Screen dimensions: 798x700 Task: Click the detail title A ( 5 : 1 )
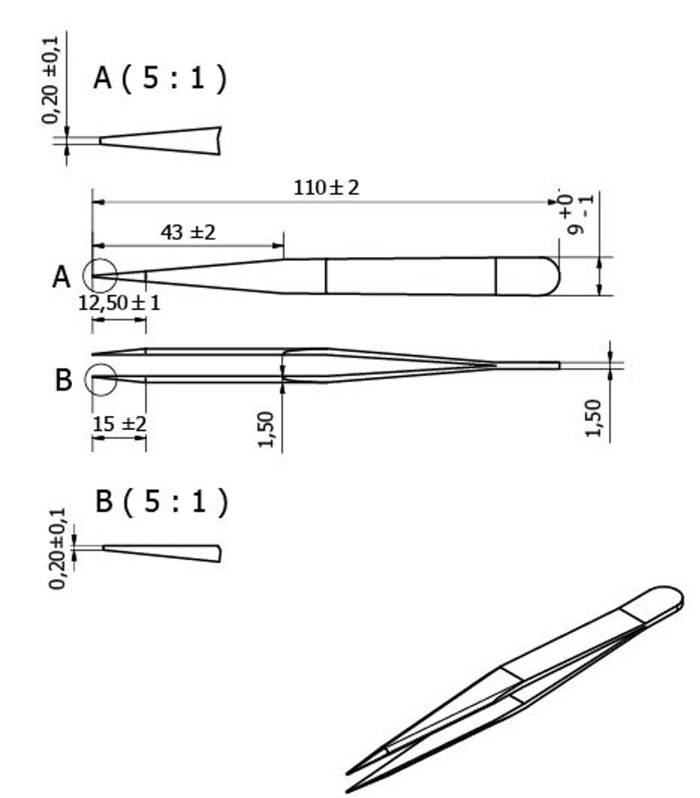tap(160, 78)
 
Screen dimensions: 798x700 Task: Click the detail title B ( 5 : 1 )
tap(162, 501)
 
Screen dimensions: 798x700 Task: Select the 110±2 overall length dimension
tap(326, 188)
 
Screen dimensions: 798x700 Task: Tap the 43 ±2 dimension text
tap(188, 232)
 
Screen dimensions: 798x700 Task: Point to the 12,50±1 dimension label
tap(119, 303)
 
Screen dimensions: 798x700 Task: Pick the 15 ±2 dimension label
tap(119, 424)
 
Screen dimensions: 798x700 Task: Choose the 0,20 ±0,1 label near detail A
tap(51, 80)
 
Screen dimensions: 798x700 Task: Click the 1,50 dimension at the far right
tap(593, 418)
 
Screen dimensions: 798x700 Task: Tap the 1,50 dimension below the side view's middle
tap(266, 430)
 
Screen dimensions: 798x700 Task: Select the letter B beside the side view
tap(63, 380)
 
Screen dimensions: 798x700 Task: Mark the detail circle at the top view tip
tap(100, 275)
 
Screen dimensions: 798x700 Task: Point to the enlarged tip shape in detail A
tap(160, 141)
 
